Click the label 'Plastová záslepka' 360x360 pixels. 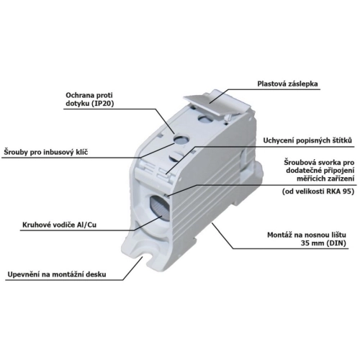coord(287,84)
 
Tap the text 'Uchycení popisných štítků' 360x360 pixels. coord(307,140)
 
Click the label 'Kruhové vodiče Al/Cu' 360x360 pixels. coord(59,225)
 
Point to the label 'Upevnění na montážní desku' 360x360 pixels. coord(57,274)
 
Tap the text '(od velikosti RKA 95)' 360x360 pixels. coord(318,192)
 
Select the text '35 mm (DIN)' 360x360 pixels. coord(323,243)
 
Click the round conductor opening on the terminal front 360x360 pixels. coord(160,207)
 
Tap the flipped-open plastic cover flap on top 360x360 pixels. coord(217,104)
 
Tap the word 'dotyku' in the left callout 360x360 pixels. coord(75,104)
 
